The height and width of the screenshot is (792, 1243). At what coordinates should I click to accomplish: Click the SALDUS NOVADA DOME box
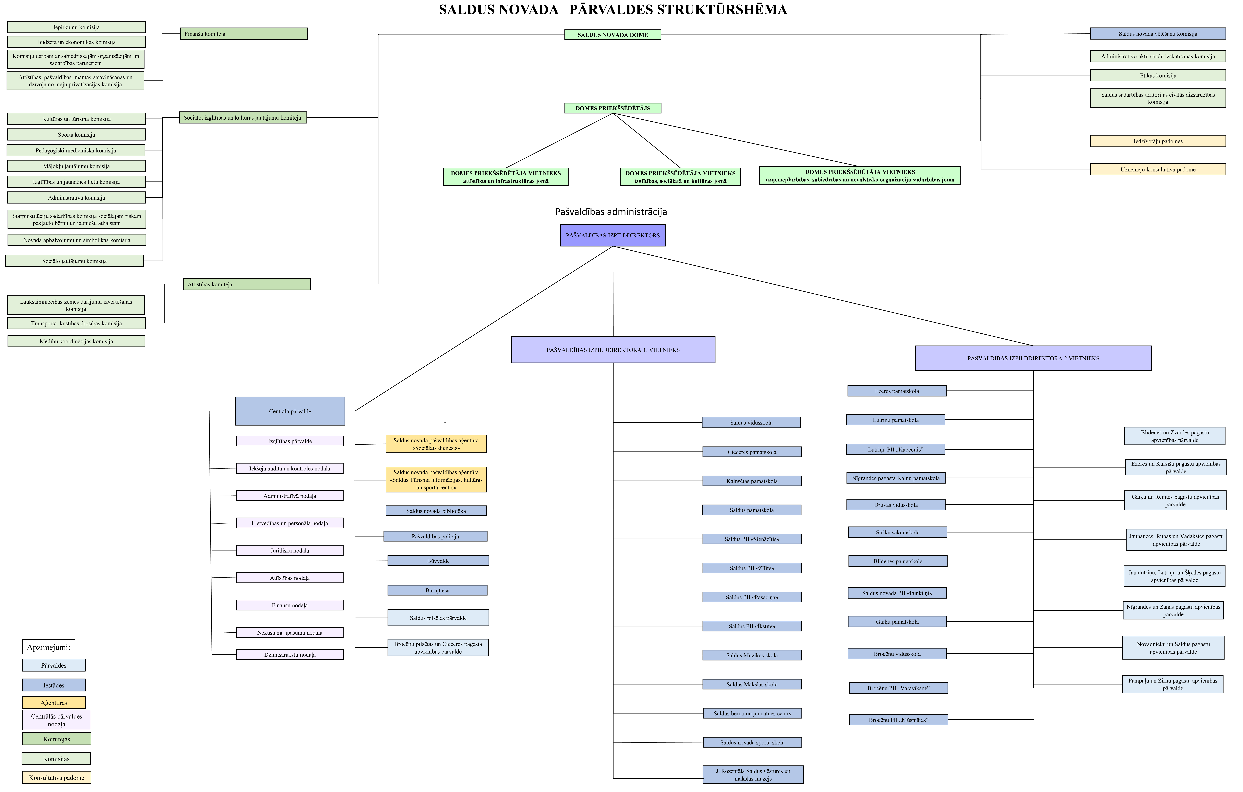pos(613,35)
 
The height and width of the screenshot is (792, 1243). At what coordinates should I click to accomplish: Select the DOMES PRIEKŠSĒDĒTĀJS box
pos(613,108)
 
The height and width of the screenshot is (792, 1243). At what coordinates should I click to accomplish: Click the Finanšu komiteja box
pos(244,34)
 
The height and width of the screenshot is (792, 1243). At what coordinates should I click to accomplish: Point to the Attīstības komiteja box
pos(247,284)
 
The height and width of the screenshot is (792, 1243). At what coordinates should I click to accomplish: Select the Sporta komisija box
pos(76,134)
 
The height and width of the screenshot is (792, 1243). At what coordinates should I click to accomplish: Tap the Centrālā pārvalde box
pos(290,411)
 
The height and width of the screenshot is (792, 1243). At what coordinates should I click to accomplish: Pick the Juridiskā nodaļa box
pos(290,550)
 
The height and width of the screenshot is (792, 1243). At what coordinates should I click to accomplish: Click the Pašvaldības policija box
pos(435,536)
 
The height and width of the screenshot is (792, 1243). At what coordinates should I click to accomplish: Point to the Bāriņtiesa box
pos(437,590)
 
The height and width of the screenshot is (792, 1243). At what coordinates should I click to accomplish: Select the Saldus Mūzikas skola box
pos(752,655)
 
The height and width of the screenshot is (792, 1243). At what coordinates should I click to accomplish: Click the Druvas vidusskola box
pos(896,504)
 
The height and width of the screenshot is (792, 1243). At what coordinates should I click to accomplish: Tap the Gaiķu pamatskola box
pos(897,622)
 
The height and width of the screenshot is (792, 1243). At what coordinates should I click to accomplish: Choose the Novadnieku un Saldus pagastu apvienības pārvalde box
pos(1173,647)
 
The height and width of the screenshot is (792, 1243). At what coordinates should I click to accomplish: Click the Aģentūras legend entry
pos(54,703)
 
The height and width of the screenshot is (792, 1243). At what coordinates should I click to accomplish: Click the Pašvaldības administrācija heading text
pos(611,212)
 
